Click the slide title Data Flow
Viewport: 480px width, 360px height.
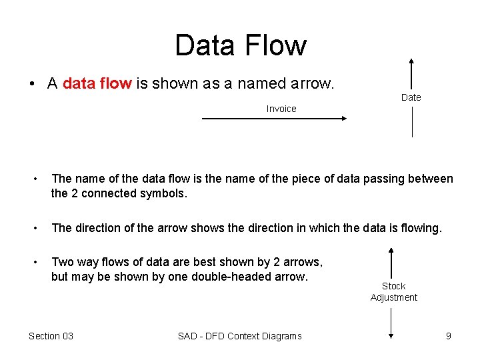[240, 45]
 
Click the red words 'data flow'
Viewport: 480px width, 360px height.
[97, 83]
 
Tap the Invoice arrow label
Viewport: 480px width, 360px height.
[281, 109]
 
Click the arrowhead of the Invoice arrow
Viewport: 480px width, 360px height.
[343, 119]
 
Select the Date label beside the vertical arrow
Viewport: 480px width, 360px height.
[411, 97]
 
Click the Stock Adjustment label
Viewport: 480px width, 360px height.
[393, 292]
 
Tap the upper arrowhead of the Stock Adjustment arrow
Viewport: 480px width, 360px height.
[391, 251]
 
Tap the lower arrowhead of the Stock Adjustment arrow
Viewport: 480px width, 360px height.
[391, 338]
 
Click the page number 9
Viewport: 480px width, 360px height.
[449, 336]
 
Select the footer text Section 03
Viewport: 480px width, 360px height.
[51, 336]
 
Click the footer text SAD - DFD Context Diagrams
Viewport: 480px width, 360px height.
[239, 336]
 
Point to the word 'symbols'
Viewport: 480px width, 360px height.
[166, 194]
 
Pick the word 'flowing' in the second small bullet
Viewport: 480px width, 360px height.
[421, 228]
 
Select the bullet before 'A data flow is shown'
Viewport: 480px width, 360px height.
[31, 84]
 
